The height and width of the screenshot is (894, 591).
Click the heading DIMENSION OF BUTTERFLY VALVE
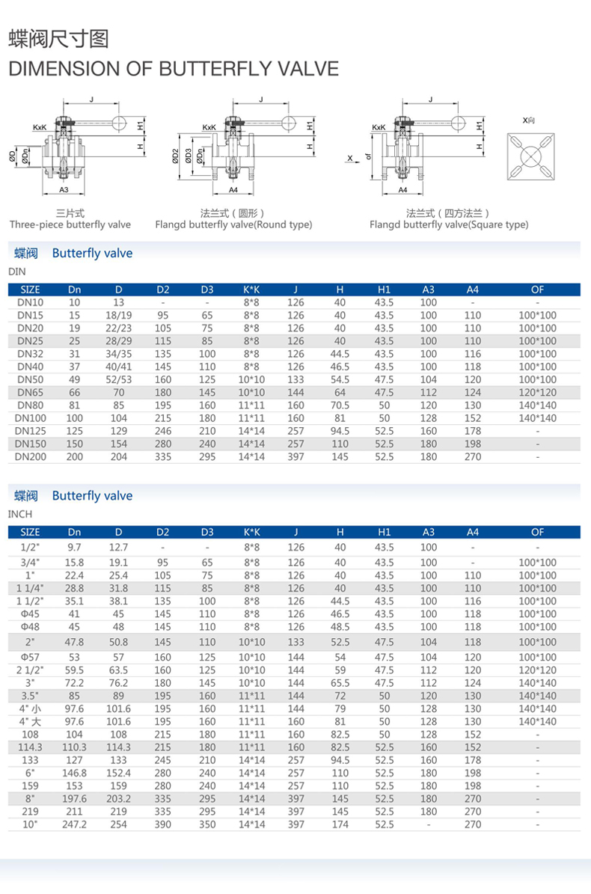pos(173,69)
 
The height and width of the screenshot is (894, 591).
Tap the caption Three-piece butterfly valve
pos(70,224)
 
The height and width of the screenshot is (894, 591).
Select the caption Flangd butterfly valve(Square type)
pos(449,224)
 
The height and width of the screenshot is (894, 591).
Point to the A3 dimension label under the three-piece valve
pos(64,189)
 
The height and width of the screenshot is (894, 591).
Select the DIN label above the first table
pos(16,272)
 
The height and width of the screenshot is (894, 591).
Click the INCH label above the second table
pos(19,515)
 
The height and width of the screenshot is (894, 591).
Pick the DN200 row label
pos(31,456)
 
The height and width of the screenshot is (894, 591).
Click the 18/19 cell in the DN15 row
pos(118,315)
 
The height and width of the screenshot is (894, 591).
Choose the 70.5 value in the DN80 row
pos(340,405)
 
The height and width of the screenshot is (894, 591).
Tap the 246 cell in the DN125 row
pos(163,431)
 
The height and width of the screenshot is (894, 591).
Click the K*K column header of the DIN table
pos(251,290)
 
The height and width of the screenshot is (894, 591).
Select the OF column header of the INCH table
pos(537,532)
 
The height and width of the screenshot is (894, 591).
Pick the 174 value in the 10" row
pos(340,824)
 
